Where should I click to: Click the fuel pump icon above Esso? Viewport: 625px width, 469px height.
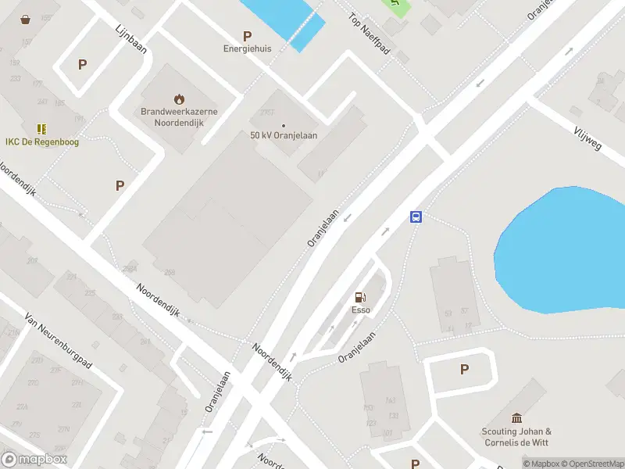tap(360, 297)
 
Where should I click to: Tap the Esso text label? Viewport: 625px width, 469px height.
tap(360, 310)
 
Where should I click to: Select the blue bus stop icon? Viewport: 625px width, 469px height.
tap(416, 217)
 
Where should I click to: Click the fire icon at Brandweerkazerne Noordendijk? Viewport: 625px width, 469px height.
tap(180, 98)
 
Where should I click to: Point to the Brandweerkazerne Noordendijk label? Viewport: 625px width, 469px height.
tap(179, 117)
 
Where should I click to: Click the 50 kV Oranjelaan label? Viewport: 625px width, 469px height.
tap(284, 135)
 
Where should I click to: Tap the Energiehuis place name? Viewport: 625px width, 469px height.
tap(248, 48)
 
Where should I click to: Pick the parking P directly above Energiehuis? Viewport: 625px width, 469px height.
tap(248, 35)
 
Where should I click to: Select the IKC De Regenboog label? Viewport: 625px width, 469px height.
tap(42, 141)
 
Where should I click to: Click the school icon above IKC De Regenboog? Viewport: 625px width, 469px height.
tap(41, 128)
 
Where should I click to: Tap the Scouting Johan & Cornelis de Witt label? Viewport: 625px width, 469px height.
tap(516, 436)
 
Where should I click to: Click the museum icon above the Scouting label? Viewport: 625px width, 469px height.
tap(516, 418)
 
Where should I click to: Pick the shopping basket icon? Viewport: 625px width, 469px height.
tap(26, 19)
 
